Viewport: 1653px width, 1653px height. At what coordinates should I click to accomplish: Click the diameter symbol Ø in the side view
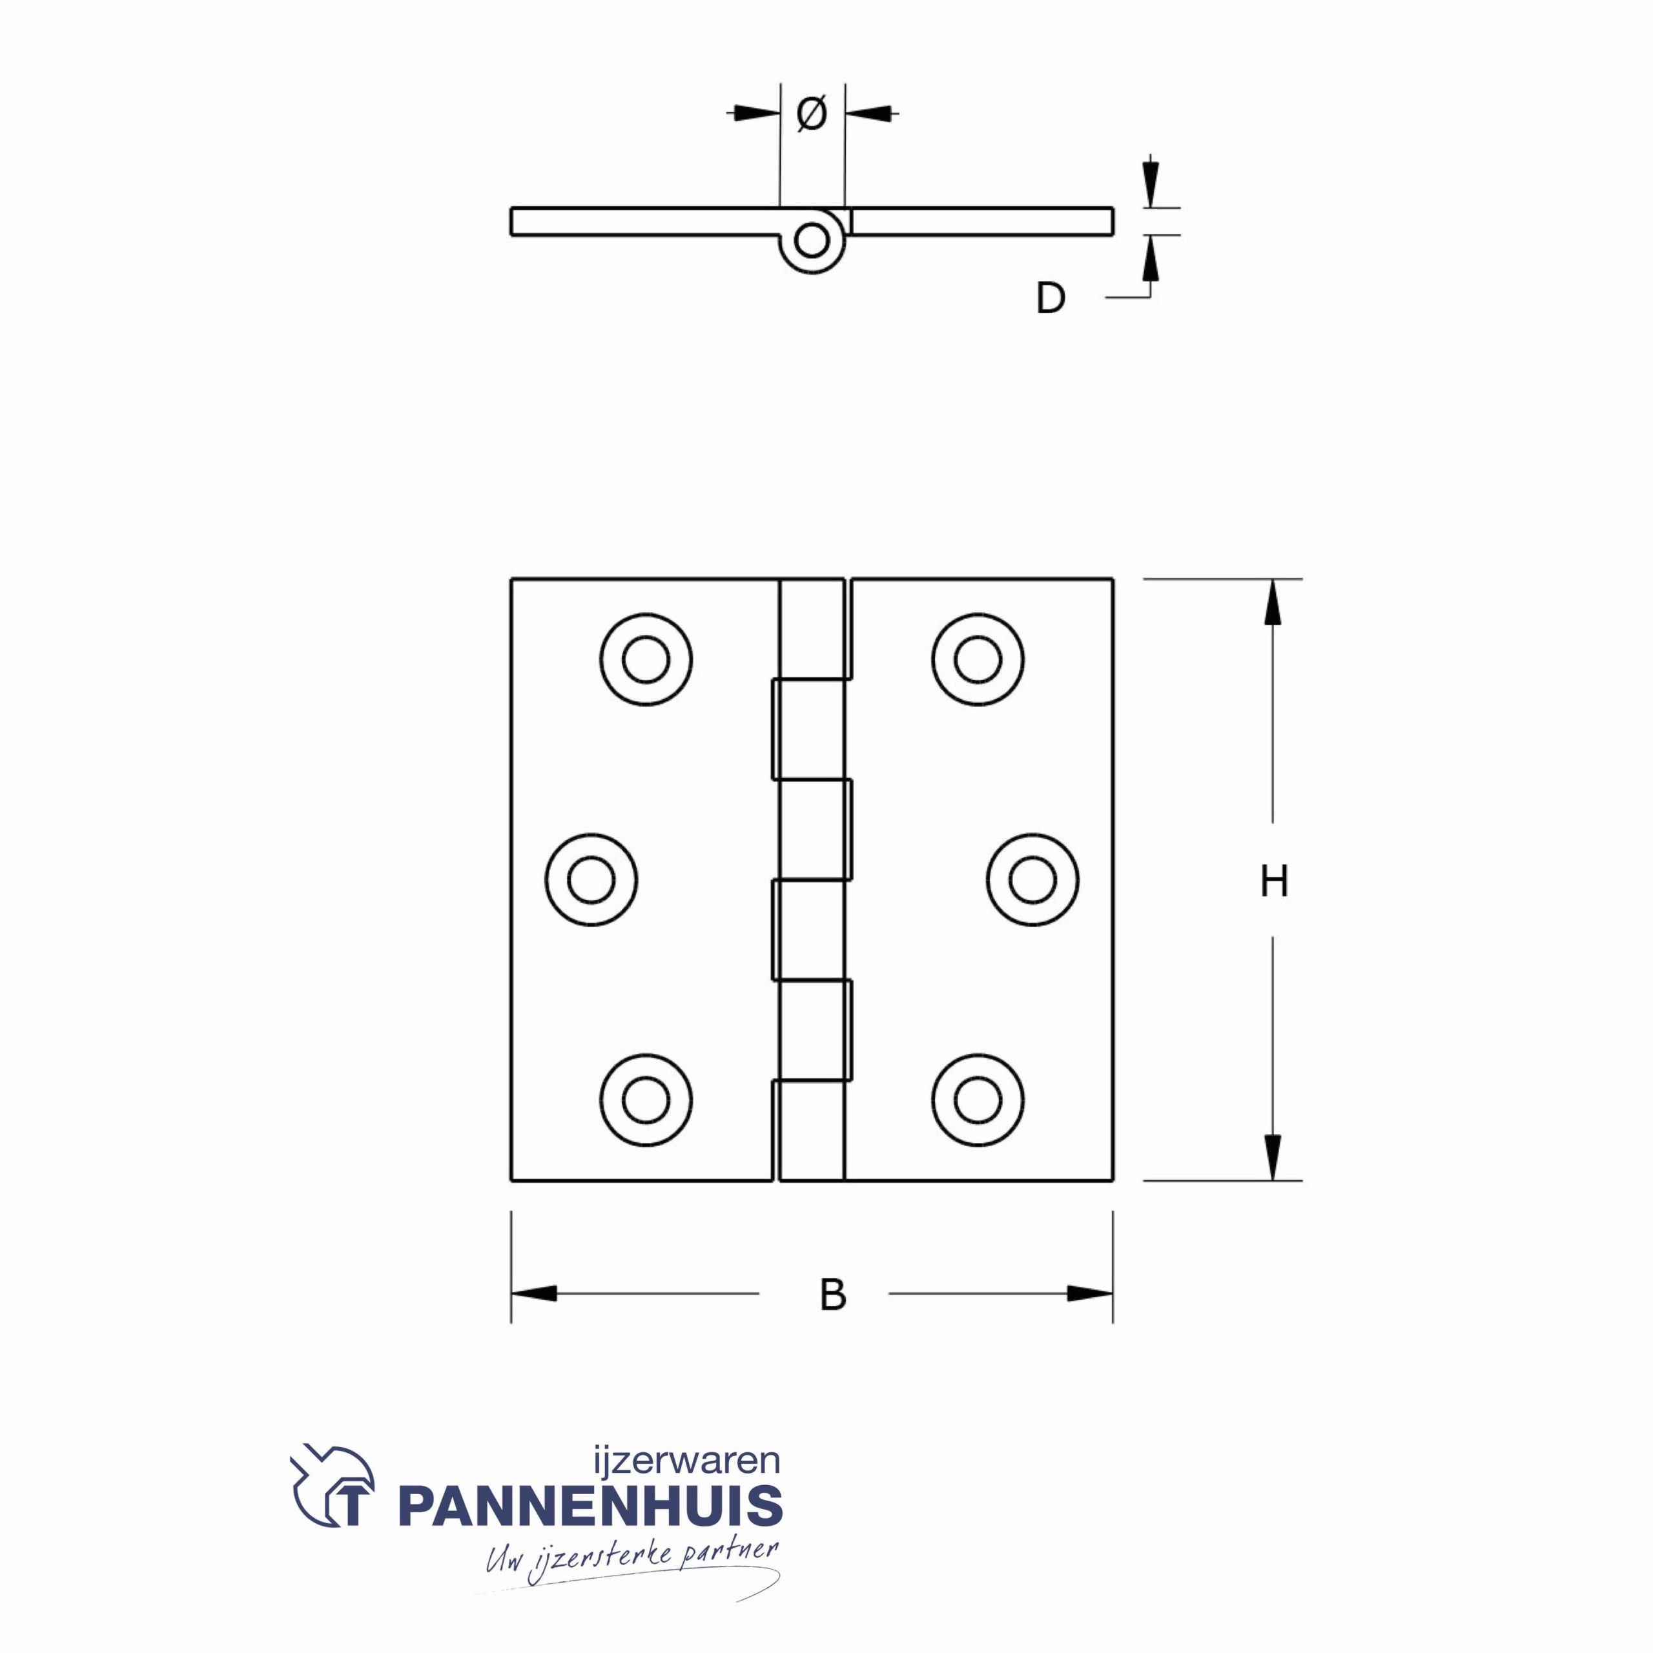[811, 114]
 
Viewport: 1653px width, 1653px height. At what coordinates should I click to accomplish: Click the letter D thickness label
[1050, 298]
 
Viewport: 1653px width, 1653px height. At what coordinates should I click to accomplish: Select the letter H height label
[1274, 881]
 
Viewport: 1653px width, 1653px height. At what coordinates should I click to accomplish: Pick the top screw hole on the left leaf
[646, 660]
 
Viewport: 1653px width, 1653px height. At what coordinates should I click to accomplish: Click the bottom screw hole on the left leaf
[646, 1100]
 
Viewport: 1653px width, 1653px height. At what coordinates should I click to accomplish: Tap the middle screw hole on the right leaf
[1032, 879]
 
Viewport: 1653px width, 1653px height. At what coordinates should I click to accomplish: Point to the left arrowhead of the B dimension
[535, 1293]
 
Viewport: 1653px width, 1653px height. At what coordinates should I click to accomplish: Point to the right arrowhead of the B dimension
[1089, 1293]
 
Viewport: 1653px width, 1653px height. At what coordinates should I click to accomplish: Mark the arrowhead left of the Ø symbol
[758, 112]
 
